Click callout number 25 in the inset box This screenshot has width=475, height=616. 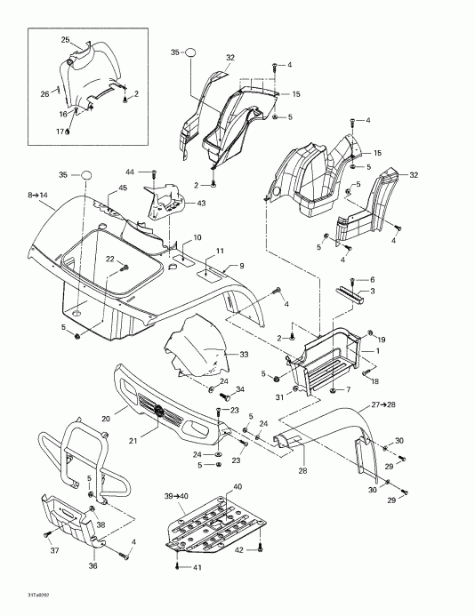[x=65, y=40]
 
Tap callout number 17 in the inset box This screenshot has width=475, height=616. [x=62, y=132]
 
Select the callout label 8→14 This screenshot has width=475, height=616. [x=39, y=194]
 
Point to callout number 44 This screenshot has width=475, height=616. [x=129, y=171]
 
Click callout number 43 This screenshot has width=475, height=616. [x=201, y=204]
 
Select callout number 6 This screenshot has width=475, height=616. [x=372, y=279]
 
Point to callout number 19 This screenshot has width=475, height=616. [x=382, y=340]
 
